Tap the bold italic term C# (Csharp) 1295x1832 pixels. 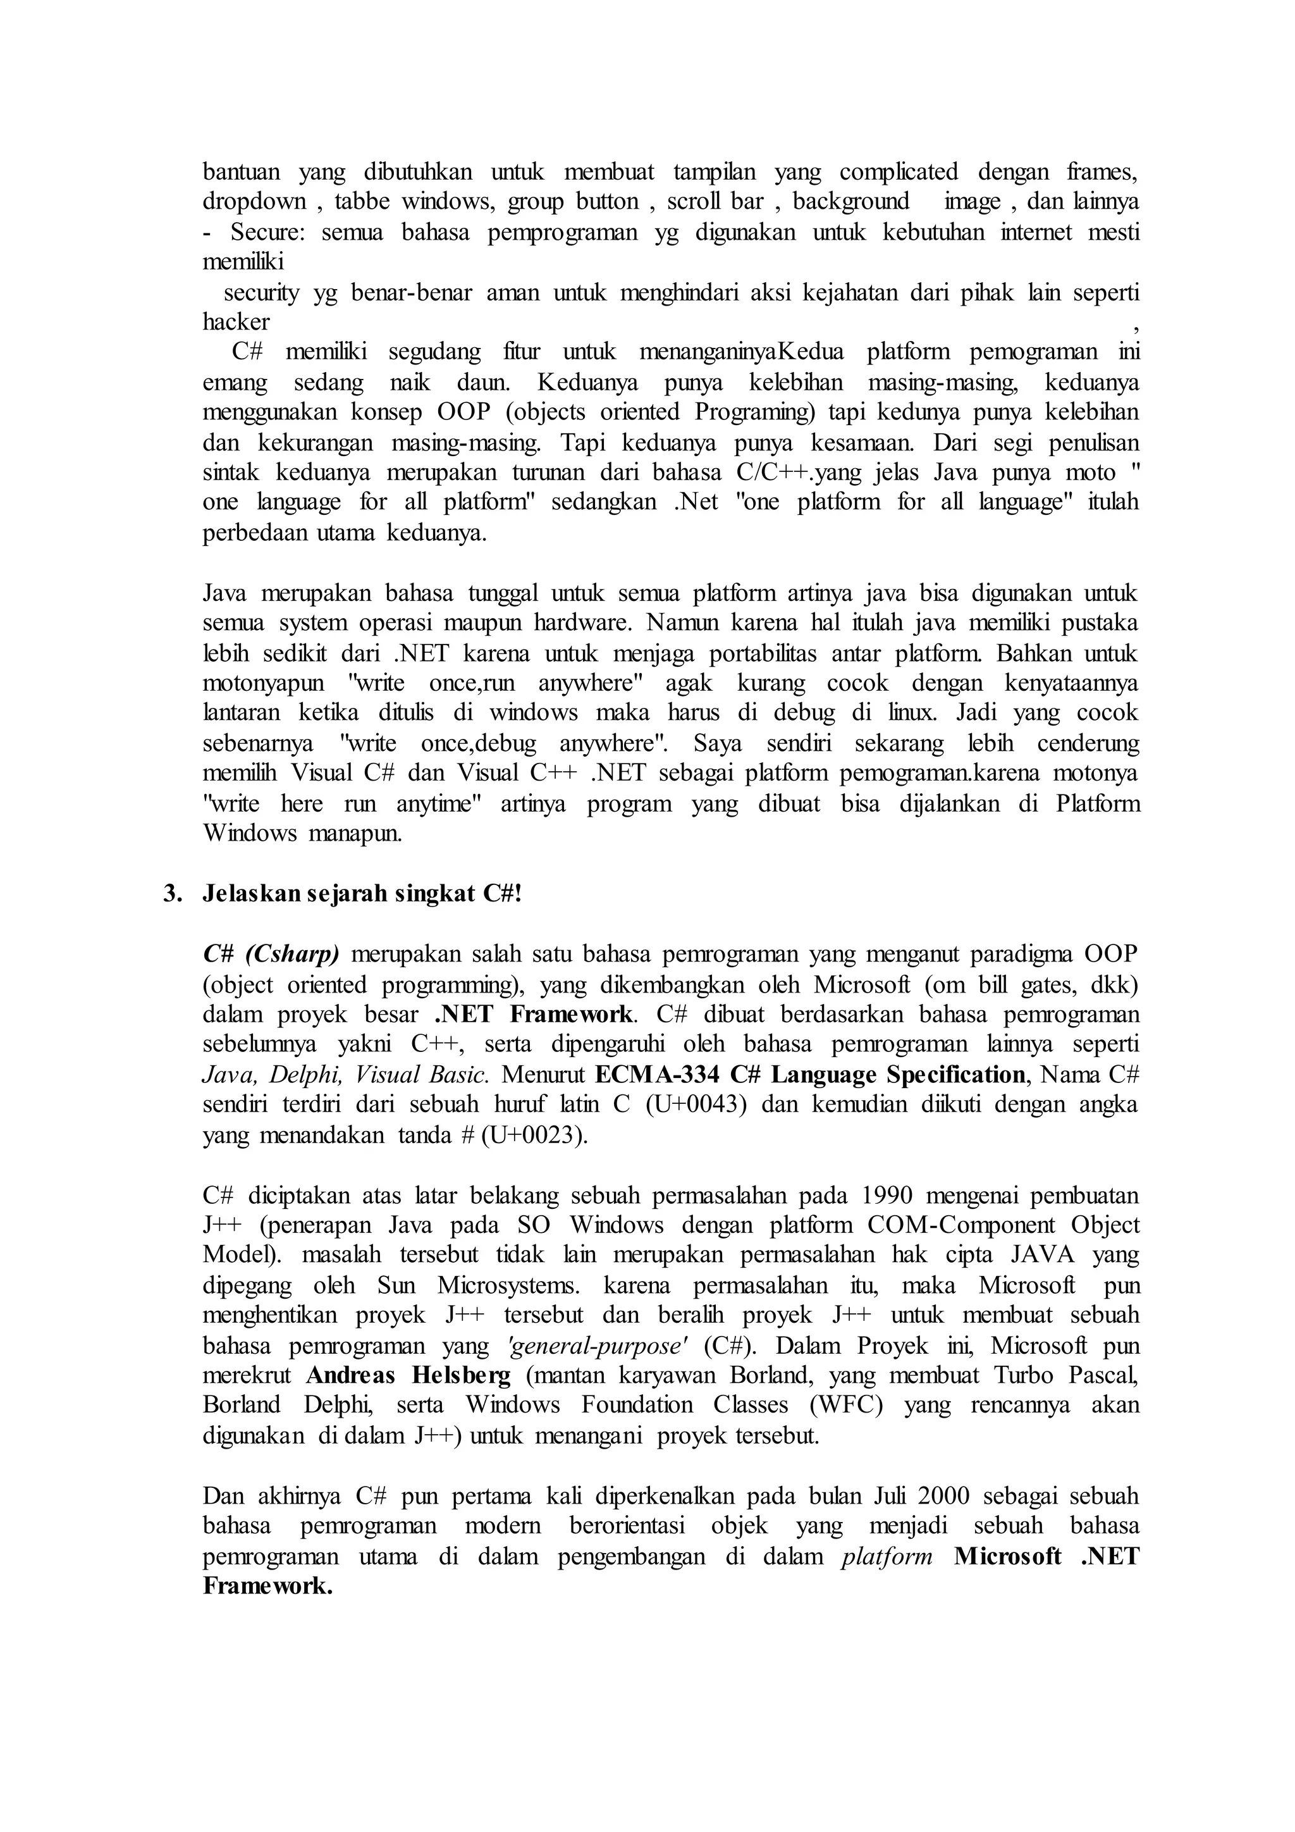[271, 955]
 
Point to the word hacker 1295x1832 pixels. [236, 323]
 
